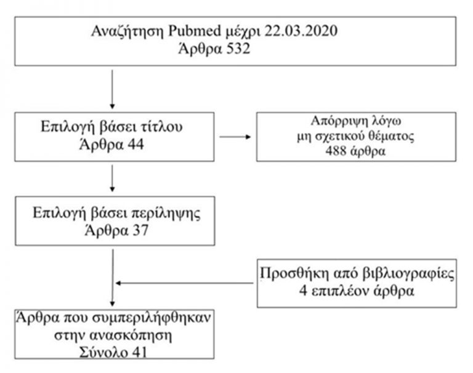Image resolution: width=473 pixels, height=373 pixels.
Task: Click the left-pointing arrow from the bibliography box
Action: (184, 283)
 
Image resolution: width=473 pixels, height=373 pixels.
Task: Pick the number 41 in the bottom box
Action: (135, 354)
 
